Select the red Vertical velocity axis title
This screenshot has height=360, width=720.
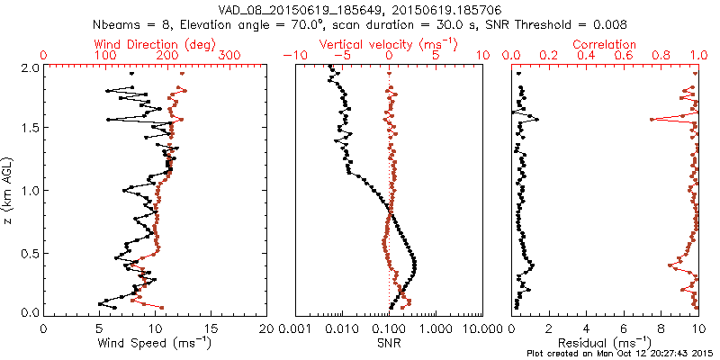coord(389,44)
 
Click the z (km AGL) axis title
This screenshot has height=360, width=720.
coord(9,190)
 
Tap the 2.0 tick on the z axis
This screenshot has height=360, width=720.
coord(28,67)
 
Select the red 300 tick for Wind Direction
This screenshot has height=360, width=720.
coord(230,56)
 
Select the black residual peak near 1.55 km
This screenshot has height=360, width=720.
coord(538,119)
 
